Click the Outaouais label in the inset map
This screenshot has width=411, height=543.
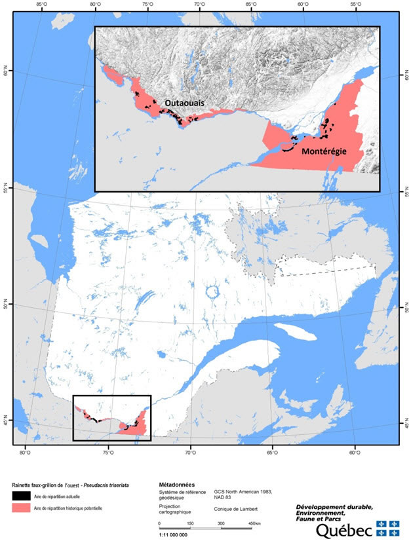tap(184, 103)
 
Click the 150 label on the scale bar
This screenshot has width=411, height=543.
tap(190, 523)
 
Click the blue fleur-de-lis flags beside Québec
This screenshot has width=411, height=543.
tap(387, 528)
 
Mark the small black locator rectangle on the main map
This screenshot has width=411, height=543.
tap(111, 418)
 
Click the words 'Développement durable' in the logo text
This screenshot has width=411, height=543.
tap(334, 506)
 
